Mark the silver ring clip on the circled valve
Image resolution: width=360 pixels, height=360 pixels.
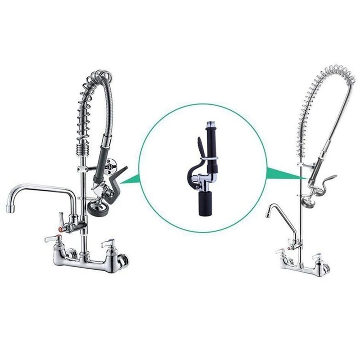click(x=211, y=159)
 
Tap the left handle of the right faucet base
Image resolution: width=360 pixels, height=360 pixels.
click(x=279, y=252)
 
